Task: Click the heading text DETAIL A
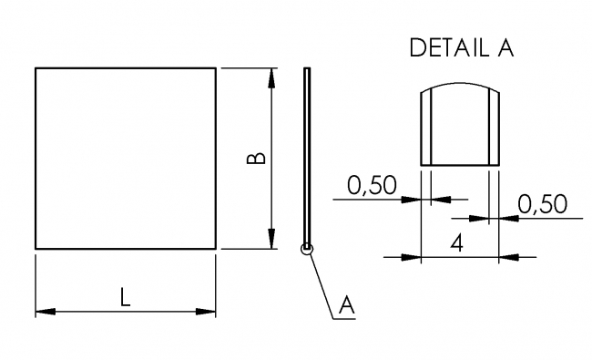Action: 462,48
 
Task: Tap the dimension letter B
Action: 258,158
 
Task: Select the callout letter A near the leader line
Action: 345,306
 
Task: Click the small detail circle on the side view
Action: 308,248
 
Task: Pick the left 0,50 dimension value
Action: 373,186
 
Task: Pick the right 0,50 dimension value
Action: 542,205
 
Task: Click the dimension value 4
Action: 459,243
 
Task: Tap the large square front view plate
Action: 126,158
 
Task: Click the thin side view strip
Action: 308,155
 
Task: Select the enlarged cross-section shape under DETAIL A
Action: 459,128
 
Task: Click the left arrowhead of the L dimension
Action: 43,313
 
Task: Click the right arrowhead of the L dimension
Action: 209,313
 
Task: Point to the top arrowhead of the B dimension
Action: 272,77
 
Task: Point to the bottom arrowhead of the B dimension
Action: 272,240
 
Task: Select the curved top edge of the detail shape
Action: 459,84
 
